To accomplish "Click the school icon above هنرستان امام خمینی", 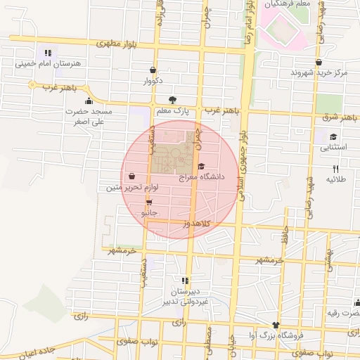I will coord(47,53).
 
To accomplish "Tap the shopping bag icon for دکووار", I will coord(153,70).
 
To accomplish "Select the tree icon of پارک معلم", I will coord(173,100).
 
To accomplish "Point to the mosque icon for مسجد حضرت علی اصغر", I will coord(88,101).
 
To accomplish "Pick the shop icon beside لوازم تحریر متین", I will coord(133,177).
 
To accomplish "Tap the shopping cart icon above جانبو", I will coord(149,202).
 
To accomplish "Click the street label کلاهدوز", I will coord(198,223).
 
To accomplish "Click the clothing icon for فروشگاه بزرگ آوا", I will coord(276,326).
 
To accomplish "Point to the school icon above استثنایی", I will coord(333,137).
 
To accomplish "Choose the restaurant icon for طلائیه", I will coord(335,169).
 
